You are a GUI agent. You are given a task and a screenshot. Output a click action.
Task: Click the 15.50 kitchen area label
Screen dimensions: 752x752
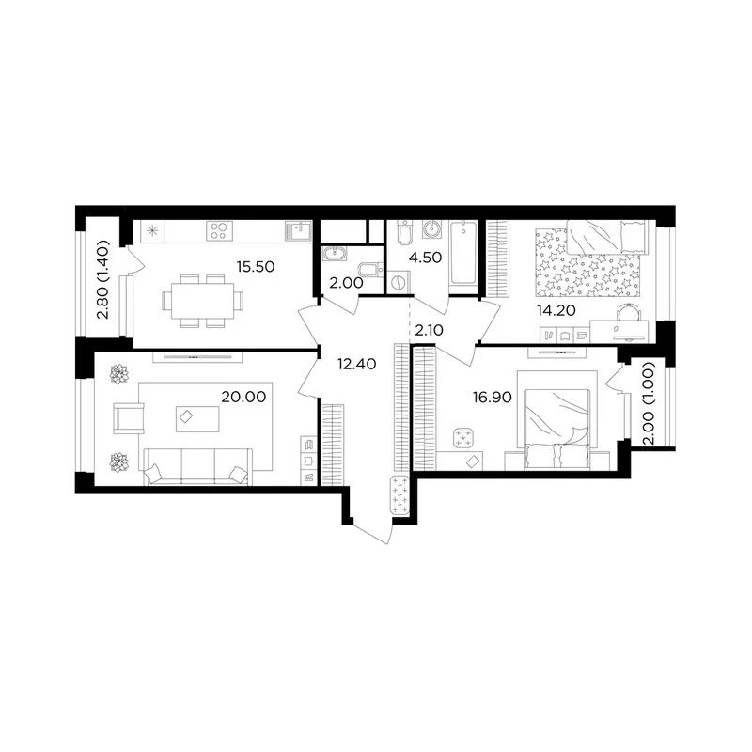(x=256, y=267)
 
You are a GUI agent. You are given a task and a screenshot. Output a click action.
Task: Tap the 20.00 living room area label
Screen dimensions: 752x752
(x=243, y=397)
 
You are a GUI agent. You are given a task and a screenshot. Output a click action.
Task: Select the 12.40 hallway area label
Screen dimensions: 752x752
(x=357, y=364)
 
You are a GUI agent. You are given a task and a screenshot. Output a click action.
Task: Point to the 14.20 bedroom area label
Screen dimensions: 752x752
(x=556, y=311)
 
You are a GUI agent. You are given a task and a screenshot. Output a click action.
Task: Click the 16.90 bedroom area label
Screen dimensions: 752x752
(x=492, y=398)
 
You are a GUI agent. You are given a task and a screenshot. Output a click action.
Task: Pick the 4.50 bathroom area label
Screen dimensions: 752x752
(x=426, y=258)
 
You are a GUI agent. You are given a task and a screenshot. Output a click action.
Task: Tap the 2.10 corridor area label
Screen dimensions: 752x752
(x=429, y=331)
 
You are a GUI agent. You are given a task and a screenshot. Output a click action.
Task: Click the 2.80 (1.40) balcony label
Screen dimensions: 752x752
(x=103, y=279)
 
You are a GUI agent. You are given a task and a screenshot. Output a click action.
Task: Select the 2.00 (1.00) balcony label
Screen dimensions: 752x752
(x=648, y=403)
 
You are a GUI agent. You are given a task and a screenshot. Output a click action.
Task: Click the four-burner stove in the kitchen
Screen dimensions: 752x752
(x=220, y=230)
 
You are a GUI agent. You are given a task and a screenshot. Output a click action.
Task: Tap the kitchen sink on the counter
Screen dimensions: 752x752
(x=298, y=230)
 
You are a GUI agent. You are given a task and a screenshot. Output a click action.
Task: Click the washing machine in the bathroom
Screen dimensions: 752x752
(x=398, y=282)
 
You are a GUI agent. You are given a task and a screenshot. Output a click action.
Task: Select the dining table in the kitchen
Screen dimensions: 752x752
(x=203, y=301)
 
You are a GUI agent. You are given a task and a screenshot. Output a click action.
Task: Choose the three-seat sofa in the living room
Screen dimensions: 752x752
(x=198, y=467)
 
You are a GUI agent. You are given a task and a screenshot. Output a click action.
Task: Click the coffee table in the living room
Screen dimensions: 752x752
(x=197, y=418)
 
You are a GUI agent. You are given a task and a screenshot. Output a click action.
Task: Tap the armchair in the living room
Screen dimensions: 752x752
(x=129, y=418)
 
